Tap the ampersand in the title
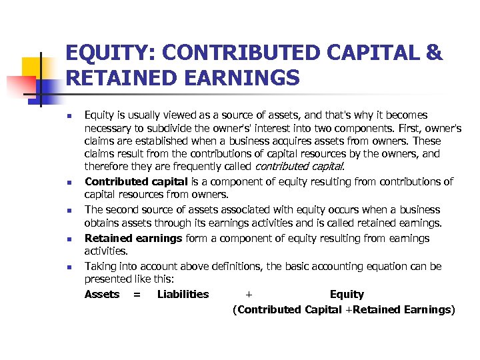(x=433, y=53)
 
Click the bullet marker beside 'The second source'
(x=69, y=211)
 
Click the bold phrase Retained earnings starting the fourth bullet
(x=133, y=238)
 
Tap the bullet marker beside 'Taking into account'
(x=69, y=267)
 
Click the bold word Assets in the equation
(x=102, y=294)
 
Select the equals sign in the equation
(x=137, y=294)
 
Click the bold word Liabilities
(x=183, y=294)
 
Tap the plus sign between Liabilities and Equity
(x=249, y=294)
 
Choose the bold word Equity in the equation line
(x=347, y=294)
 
